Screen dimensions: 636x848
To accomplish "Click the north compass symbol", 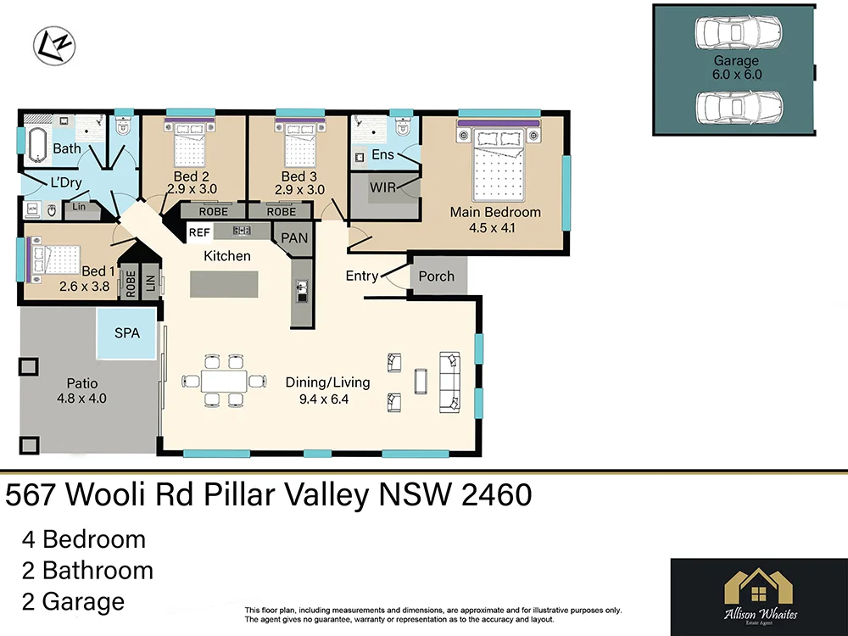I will tap(54, 46).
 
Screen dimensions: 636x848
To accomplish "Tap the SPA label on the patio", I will tap(127, 333).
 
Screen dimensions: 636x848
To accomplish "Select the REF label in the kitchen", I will tap(199, 231).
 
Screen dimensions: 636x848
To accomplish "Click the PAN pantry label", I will tap(294, 238).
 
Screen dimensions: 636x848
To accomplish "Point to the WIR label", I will tap(382, 187).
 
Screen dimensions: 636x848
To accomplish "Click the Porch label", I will tap(437, 276).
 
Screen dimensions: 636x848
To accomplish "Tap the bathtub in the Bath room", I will tap(36, 146).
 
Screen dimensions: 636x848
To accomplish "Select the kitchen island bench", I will tap(226, 284).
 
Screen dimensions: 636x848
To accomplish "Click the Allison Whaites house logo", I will tap(759, 588).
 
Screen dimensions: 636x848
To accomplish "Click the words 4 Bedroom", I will tap(83, 539).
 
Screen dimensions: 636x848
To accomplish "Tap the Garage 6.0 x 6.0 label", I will tap(736, 68).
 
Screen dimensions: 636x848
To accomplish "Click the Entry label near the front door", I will tap(362, 276).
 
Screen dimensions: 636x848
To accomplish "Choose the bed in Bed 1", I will tap(56, 259).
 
